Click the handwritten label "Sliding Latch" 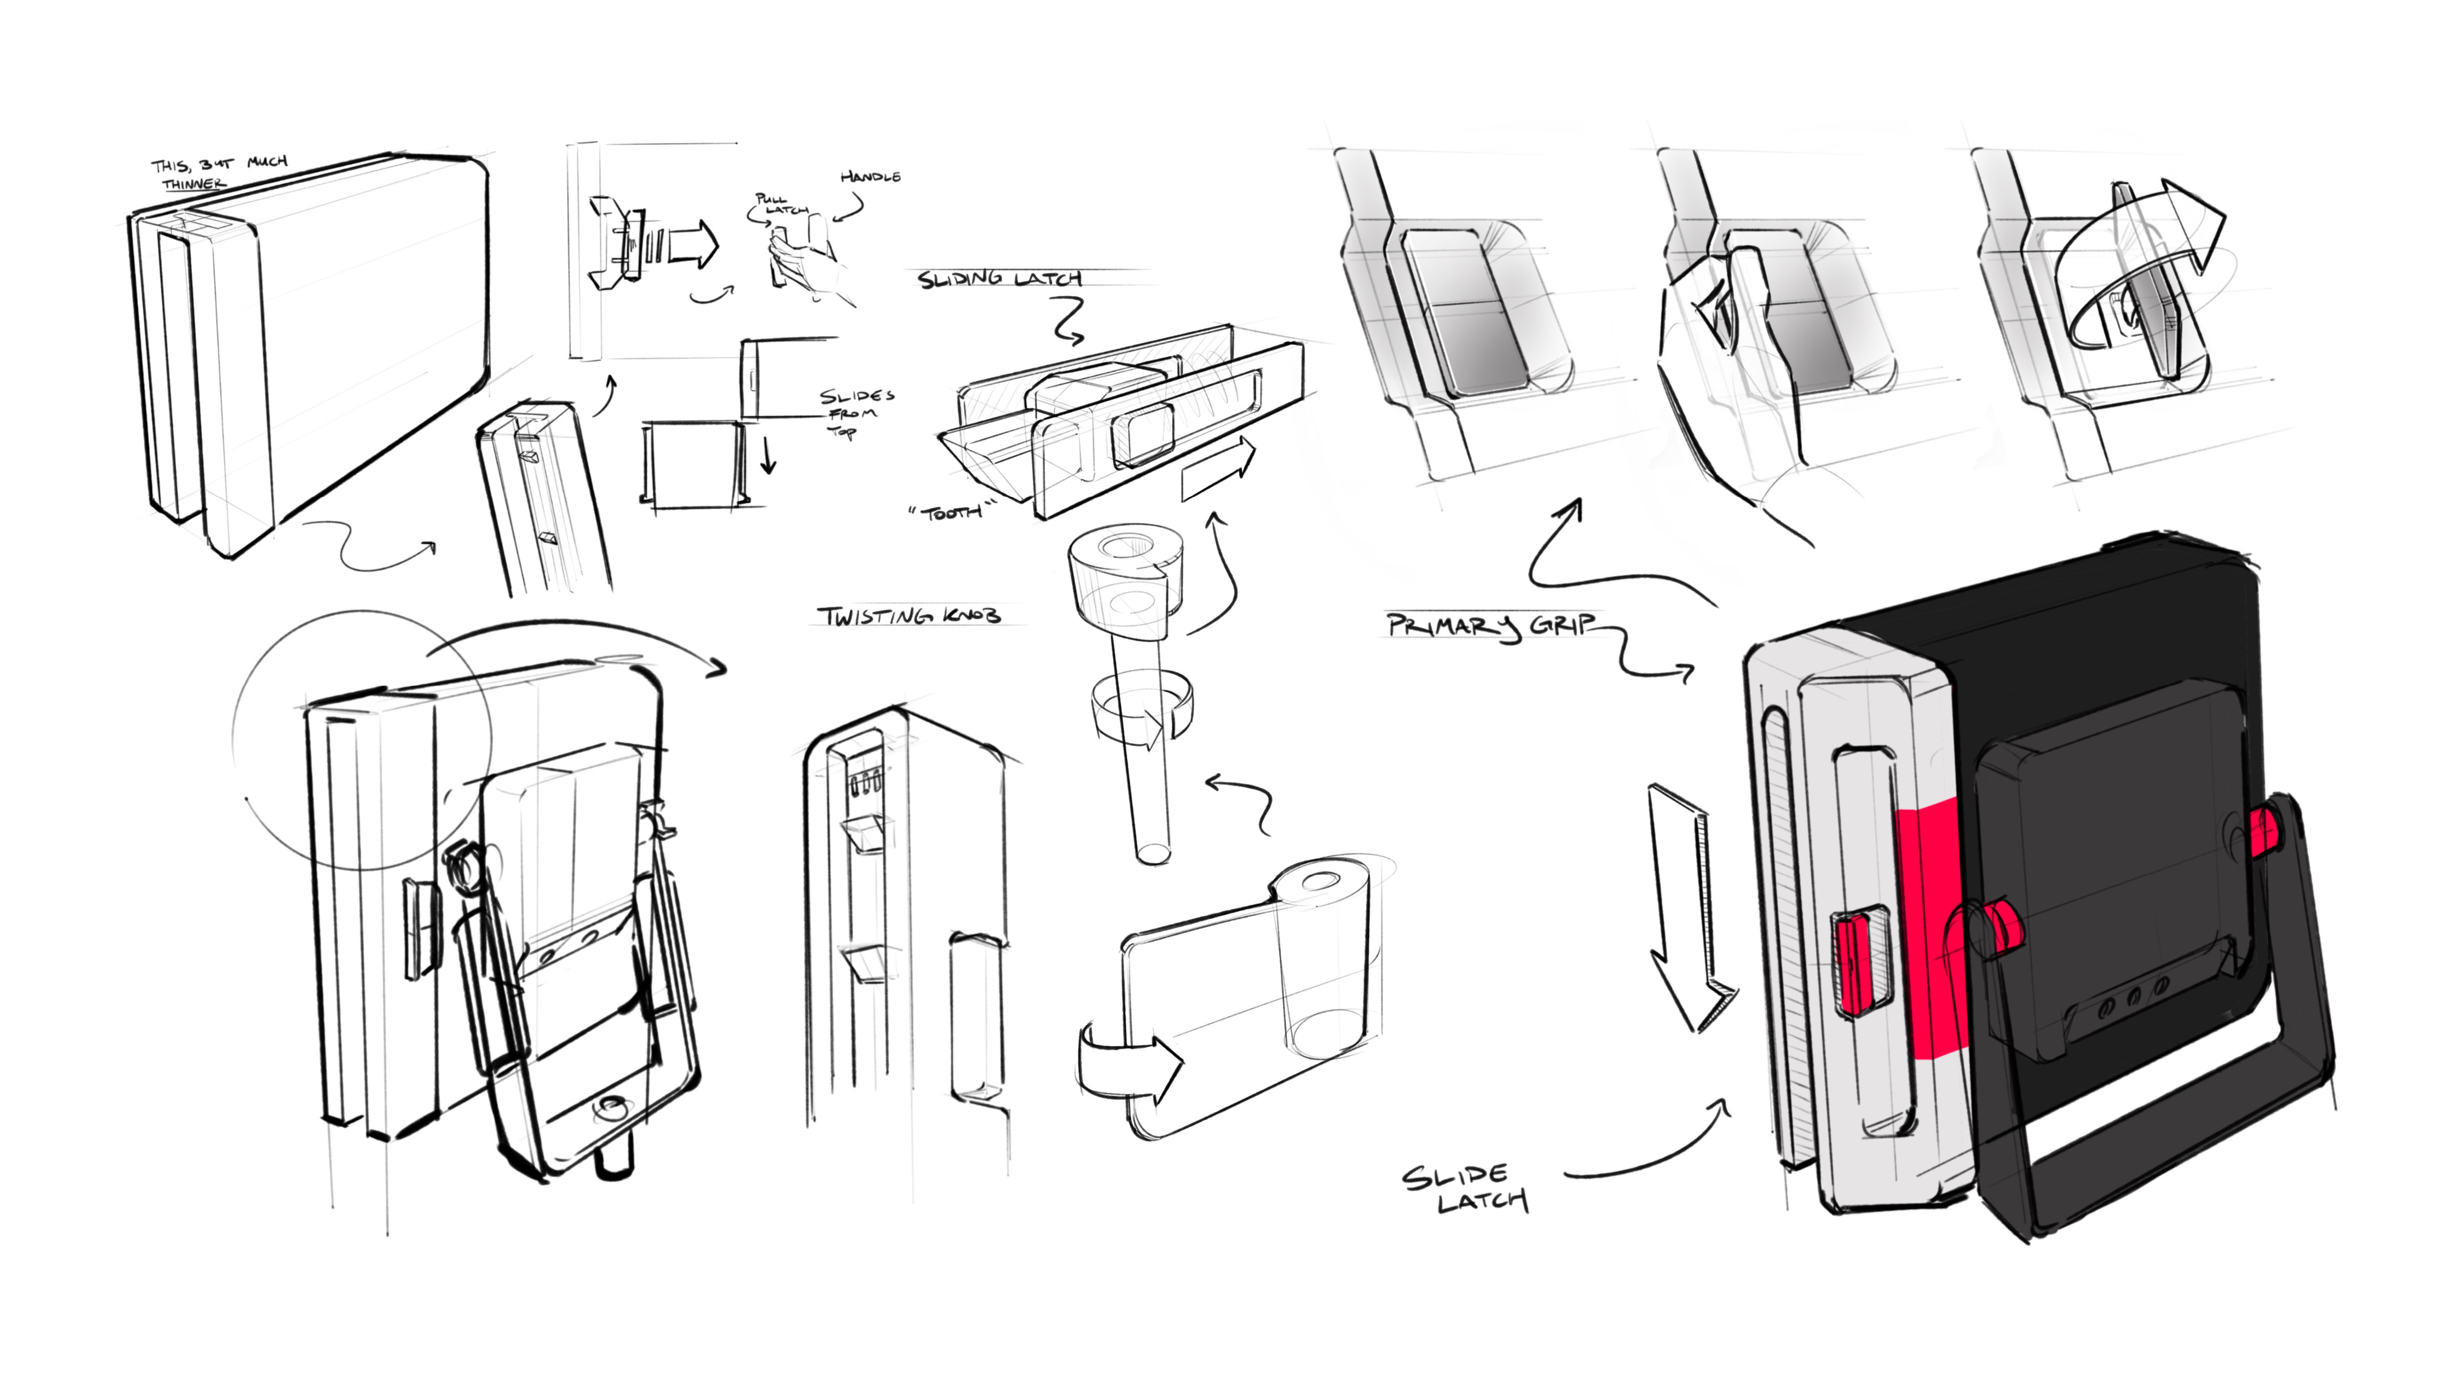999,279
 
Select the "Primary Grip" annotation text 1492,626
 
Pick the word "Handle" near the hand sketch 870,177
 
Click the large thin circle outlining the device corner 361,739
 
